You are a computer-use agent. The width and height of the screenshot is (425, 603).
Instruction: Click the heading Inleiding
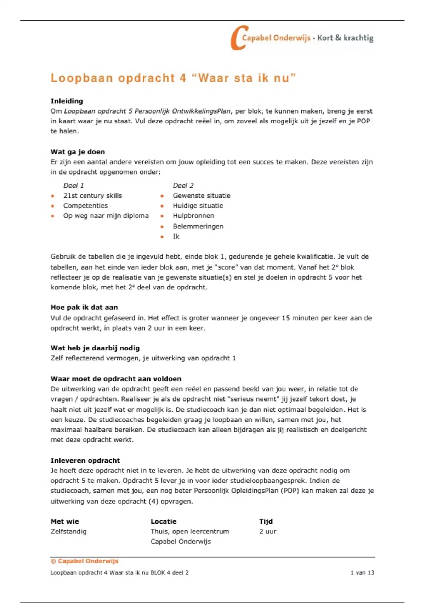pyautogui.click(x=67, y=101)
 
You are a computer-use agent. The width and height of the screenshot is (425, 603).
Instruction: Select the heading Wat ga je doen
pyautogui.click(x=78, y=152)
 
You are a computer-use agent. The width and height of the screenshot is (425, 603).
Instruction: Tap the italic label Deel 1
pyautogui.click(x=73, y=186)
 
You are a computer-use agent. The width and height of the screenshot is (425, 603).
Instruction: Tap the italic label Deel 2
pyautogui.click(x=183, y=186)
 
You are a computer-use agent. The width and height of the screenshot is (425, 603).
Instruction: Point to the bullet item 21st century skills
pyautogui.click(x=92, y=195)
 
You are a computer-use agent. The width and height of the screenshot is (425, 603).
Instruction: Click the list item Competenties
pyautogui.click(x=85, y=206)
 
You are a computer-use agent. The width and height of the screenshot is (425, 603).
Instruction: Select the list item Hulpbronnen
pyautogui.click(x=193, y=216)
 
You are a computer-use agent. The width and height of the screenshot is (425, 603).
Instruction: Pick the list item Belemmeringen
pyautogui.click(x=198, y=226)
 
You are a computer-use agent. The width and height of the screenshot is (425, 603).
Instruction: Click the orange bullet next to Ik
pyautogui.click(x=162, y=237)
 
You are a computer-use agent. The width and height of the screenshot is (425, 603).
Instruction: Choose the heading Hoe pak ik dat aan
pyautogui.click(x=84, y=308)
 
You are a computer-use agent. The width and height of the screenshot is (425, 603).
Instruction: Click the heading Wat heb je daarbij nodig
pyautogui.click(x=95, y=348)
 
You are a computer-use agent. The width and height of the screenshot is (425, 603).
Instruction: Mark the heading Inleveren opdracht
pyautogui.click(x=85, y=460)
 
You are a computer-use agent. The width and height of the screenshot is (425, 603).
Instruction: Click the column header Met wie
pyautogui.click(x=64, y=521)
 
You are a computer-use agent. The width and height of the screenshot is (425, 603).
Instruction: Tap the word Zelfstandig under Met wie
pyautogui.click(x=68, y=531)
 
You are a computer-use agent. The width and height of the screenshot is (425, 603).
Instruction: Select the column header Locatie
pyautogui.click(x=163, y=521)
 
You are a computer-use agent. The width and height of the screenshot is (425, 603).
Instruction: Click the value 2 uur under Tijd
pyautogui.click(x=267, y=531)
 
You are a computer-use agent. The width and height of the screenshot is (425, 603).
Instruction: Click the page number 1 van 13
pyautogui.click(x=362, y=572)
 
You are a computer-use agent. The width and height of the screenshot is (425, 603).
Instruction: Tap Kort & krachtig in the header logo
pyautogui.click(x=345, y=38)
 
